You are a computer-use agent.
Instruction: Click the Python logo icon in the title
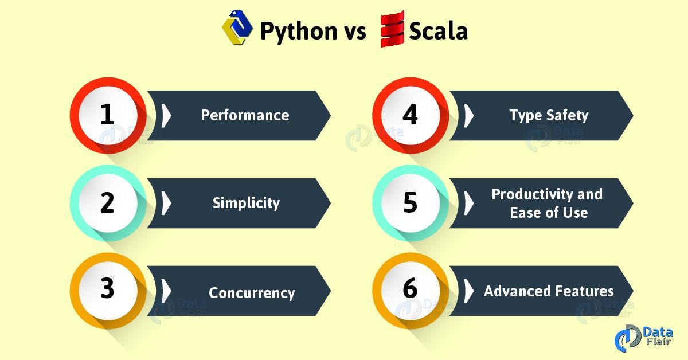237,28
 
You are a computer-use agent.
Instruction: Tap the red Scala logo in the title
392,29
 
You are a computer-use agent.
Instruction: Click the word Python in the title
299,31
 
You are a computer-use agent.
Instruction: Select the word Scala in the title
438,31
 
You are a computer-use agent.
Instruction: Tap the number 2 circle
108,203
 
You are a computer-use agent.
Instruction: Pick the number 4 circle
411,115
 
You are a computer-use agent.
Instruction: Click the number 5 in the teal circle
411,203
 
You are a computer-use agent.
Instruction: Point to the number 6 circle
411,291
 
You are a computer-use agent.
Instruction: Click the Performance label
245,115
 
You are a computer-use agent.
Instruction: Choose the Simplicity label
246,203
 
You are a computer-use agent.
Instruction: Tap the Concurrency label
252,293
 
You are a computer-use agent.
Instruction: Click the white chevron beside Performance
166,115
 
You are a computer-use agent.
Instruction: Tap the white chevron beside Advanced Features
469,291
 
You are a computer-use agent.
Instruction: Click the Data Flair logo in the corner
644,338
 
